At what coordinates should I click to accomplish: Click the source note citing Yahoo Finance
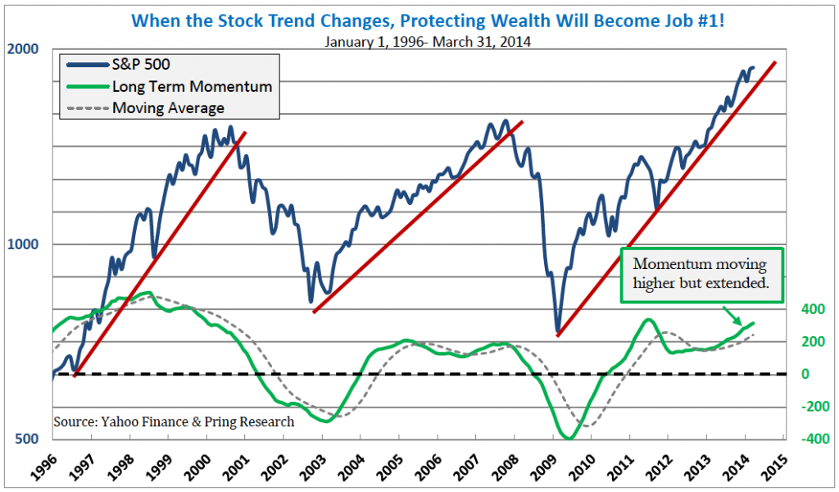pyautogui.click(x=174, y=422)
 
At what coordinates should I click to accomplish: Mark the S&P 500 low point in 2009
pyautogui.click(x=558, y=332)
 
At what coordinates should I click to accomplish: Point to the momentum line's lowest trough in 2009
pyautogui.click(x=567, y=438)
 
